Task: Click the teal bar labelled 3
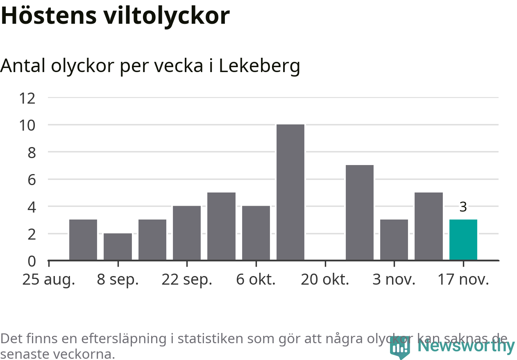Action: tap(463, 240)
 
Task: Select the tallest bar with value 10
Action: tap(290, 192)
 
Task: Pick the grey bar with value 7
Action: tap(359, 213)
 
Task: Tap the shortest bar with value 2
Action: tap(118, 247)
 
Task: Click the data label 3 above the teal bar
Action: tap(463, 207)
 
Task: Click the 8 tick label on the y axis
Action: tap(32, 152)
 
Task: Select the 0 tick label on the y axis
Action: tap(32, 261)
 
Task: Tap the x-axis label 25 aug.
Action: tap(49, 280)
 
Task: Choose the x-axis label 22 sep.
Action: tap(187, 280)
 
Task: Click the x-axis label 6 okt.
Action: tap(256, 280)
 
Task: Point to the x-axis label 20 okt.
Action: tap(325, 280)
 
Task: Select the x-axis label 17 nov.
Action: tap(463, 280)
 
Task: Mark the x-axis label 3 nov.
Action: tap(394, 280)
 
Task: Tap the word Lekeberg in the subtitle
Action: tap(259, 66)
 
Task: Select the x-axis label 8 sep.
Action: tap(118, 280)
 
